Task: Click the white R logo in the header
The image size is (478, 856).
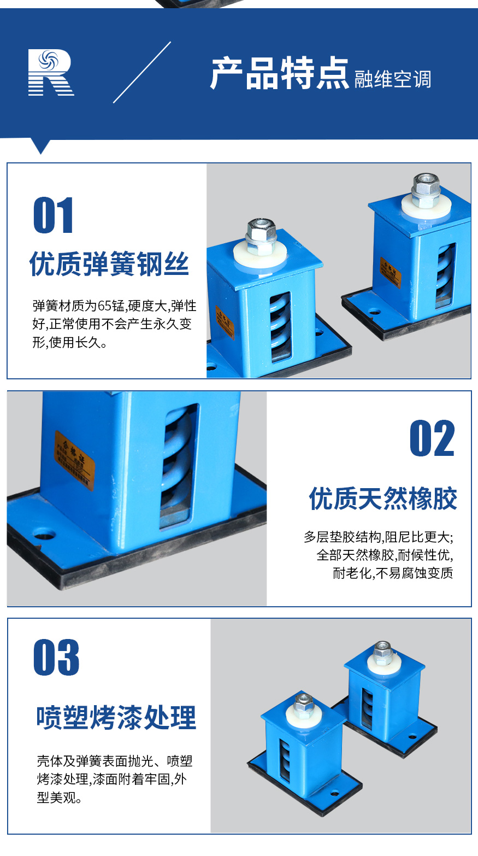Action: [x=51, y=72]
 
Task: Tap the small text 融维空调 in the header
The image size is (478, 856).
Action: [x=393, y=79]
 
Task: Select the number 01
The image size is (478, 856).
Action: [x=54, y=216]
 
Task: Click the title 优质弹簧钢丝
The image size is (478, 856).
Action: [x=109, y=265]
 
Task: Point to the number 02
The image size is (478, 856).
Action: [x=432, y=438]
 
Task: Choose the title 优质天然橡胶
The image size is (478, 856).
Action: [x=383, y=499]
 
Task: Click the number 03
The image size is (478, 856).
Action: [x=56, y=658]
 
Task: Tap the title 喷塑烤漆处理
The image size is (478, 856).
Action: [x=116, y=718]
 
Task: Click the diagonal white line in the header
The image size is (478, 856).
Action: [x=142, y=72]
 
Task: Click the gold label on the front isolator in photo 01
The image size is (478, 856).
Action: [x=225, y=322]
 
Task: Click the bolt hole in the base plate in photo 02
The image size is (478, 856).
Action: [x=44, y=533]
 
